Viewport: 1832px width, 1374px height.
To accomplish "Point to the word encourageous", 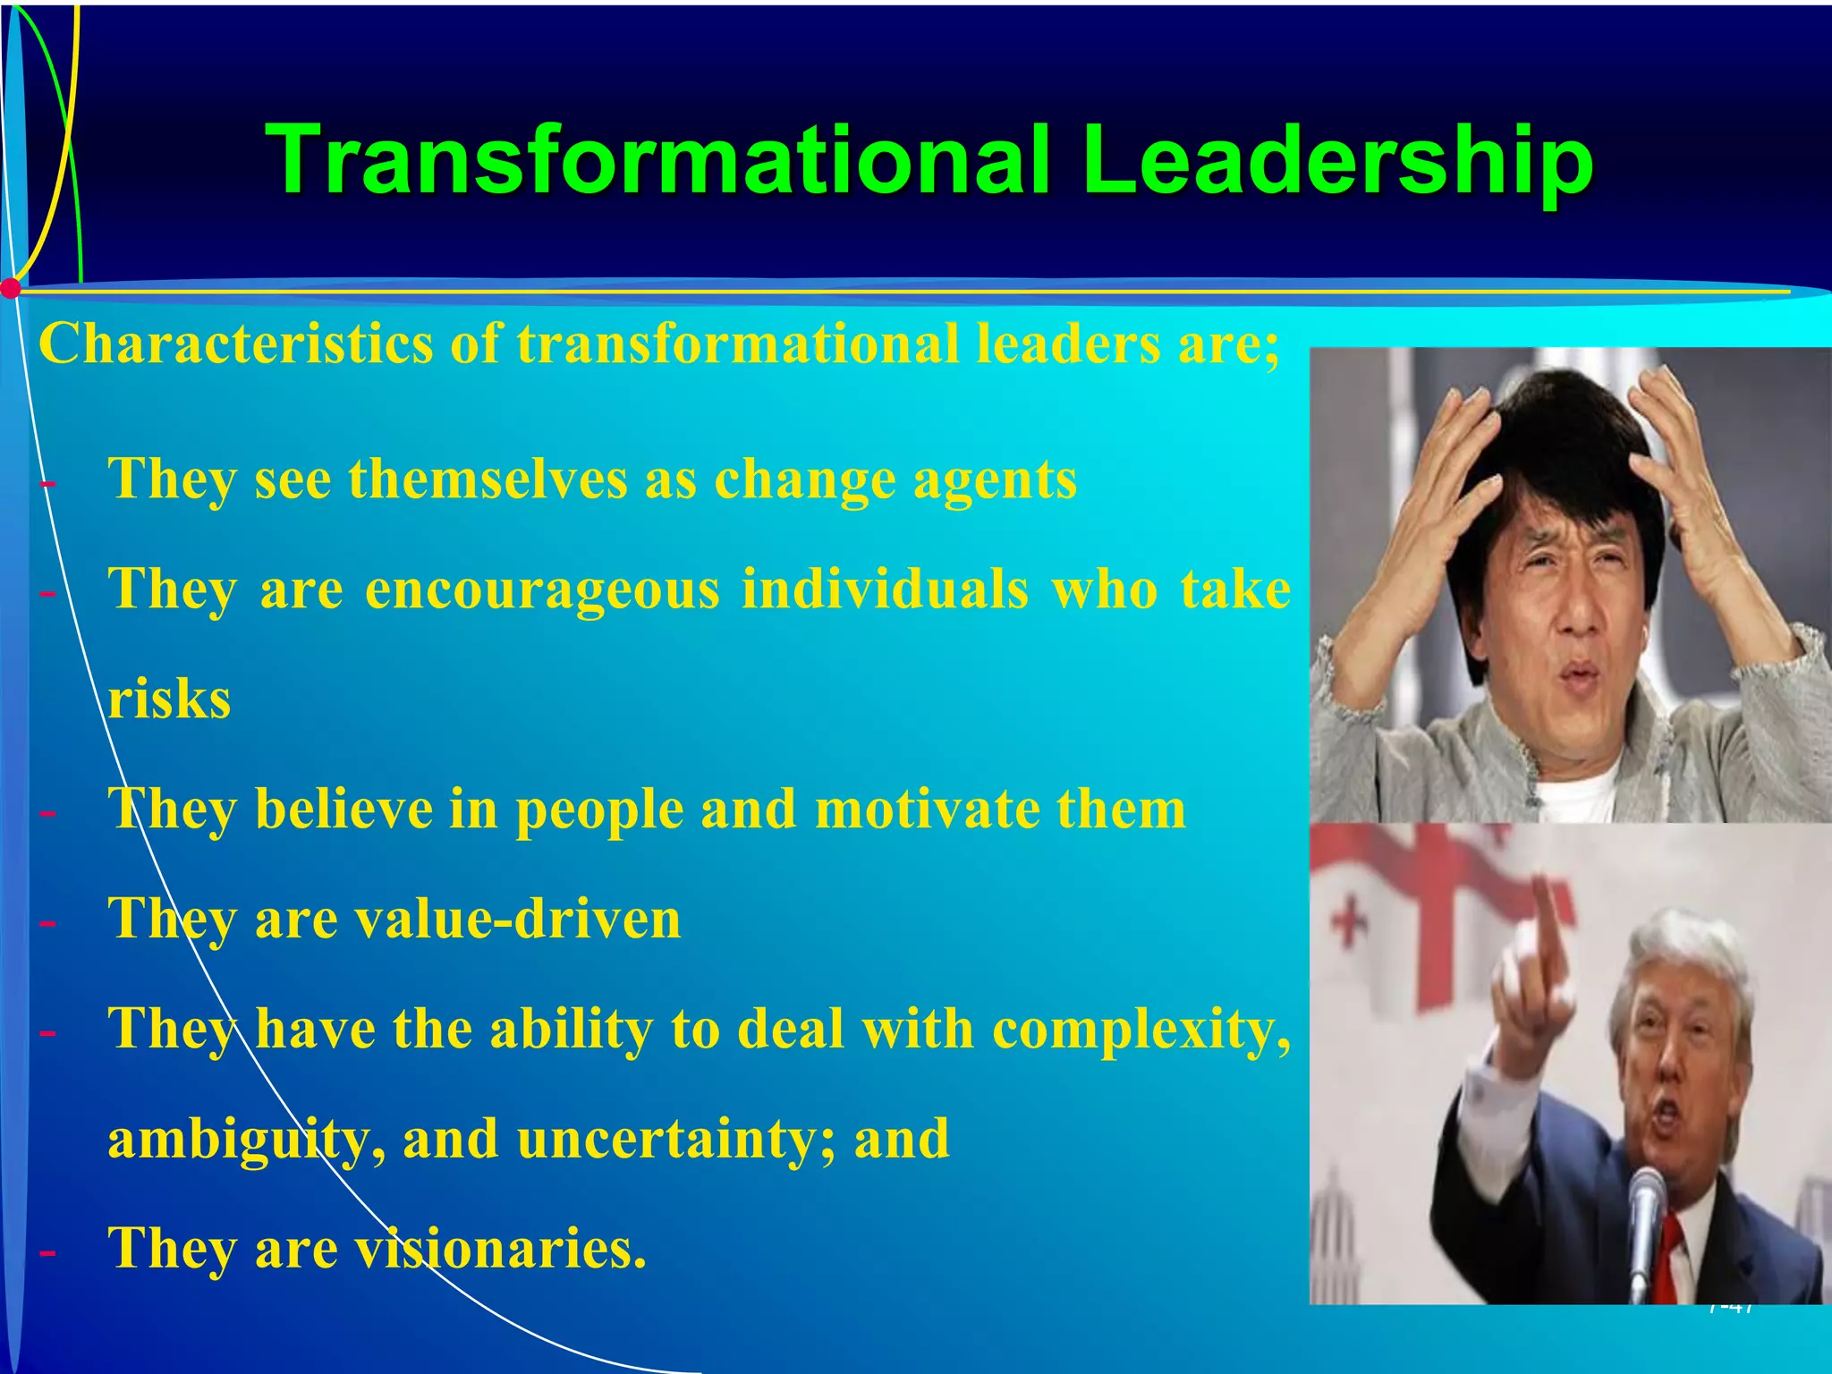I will point(542,590).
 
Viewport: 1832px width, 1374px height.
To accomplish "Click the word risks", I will point(169,700).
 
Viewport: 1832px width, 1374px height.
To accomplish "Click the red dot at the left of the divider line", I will point(11,289).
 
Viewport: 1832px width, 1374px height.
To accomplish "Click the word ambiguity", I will point(236,1140).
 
